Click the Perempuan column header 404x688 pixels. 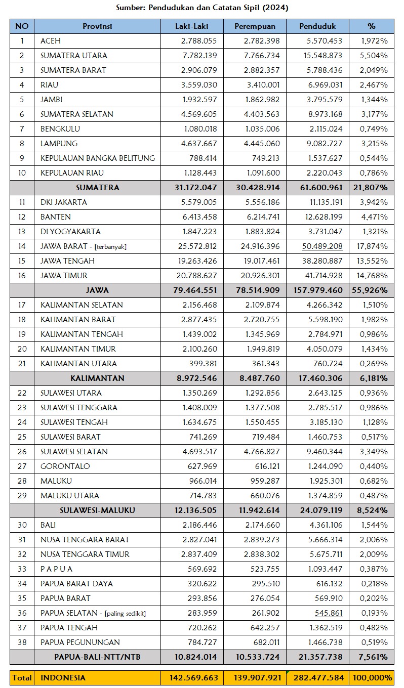[x=255, y=26]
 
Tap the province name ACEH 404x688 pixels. [x=51, y=41]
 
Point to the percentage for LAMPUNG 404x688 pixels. [x=374, y=144]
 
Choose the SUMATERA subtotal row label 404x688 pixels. [x=98, y=188]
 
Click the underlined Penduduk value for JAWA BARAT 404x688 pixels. [x=321, y=246]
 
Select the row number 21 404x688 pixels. [x=22, y=364]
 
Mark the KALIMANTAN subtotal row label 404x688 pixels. [x=98, y=378]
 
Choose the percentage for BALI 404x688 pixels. [x=374, y=525]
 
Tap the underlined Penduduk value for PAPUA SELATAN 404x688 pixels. [x=325, y=613]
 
